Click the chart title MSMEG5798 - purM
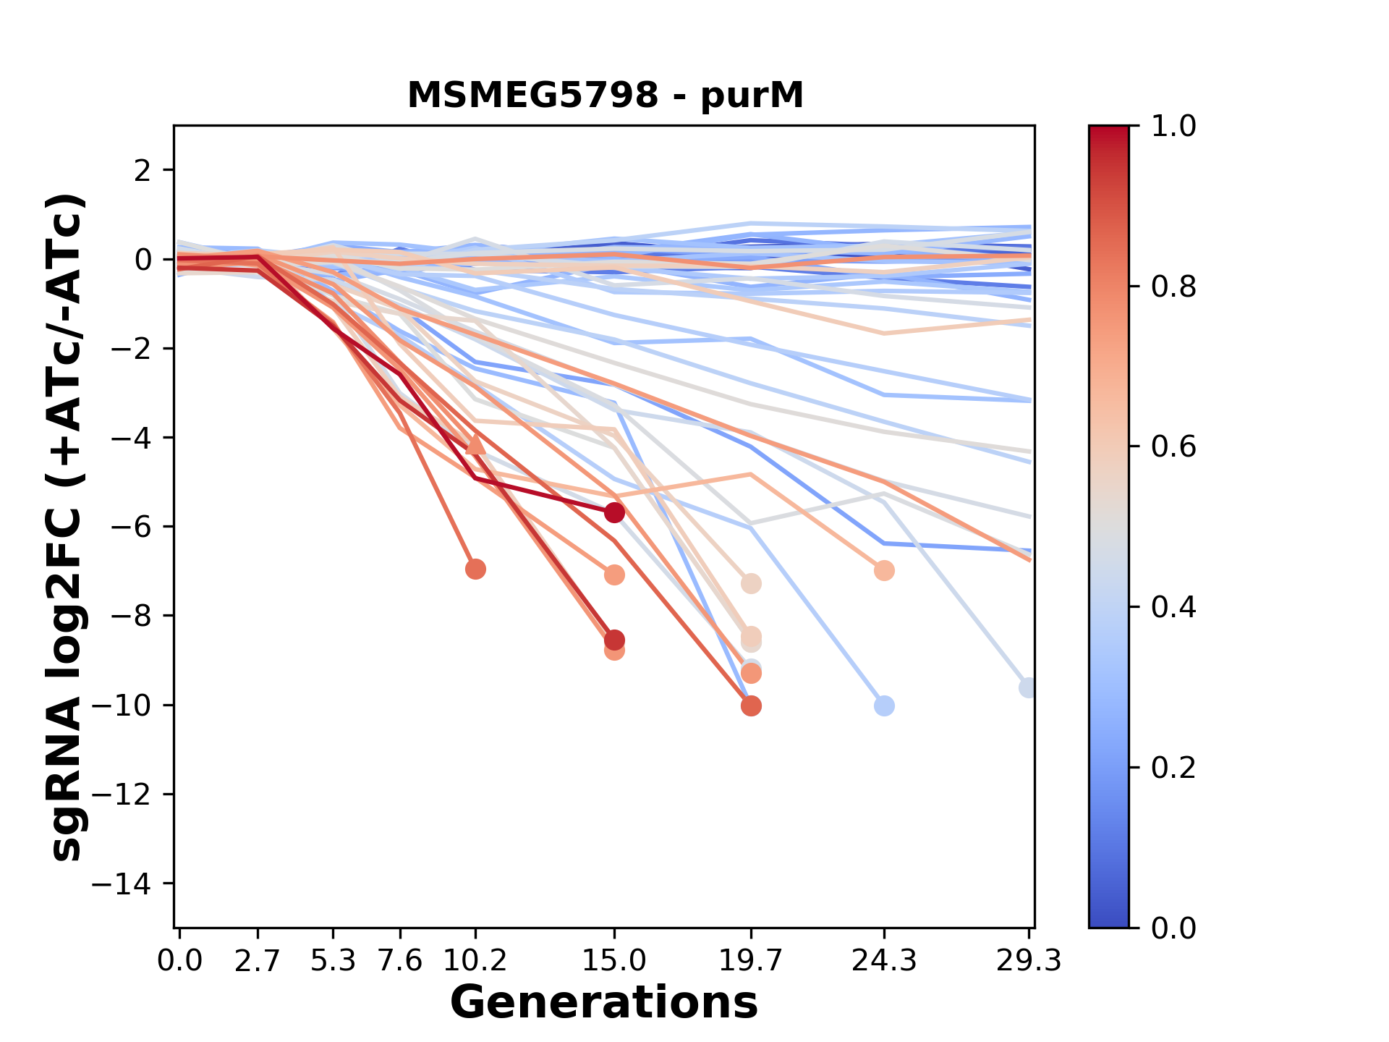click(x=605, y=96)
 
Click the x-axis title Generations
click(x=604, y=1003)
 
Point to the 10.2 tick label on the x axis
click(x=475, y=961)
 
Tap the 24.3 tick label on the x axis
click(x=883, y=961)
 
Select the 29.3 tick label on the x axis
click(x=1028, y=961)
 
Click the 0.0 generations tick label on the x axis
click(x=180, y=961)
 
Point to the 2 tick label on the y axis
click(x=143, y=170)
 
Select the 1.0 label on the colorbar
click(x=1173, y=127)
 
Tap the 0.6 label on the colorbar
click(x=1173, y=447)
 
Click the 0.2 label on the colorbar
click(x=1173, y=767)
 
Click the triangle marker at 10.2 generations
click(x=475, y=444)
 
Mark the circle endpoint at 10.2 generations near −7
click(x=475, y=569)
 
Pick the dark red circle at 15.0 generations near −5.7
click(x=614, y=513)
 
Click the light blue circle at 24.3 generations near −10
click(x=884, y=706)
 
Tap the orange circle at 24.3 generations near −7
click(x=884, y=571)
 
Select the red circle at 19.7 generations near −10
click(x=751, y=706)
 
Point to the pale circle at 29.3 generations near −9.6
click(x=1027, y=688)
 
